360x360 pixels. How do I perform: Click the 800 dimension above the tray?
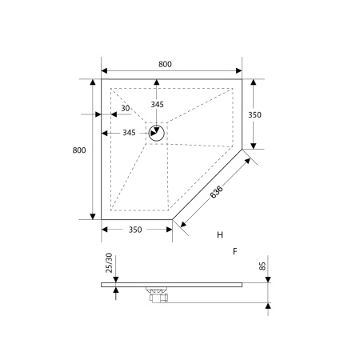pos(166,64)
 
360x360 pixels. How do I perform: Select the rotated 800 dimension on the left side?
pos(78,150)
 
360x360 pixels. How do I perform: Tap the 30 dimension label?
pos(126,109)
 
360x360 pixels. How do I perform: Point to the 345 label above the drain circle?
pos(158,106)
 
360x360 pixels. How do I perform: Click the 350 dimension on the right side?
pos(255,114)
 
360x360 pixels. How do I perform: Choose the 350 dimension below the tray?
pos(134,230)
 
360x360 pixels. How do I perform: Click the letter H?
pos(219,235)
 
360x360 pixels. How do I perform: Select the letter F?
pos(234,251)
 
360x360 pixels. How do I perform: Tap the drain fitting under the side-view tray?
pos(156,293)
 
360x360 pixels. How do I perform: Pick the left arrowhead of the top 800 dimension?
pos(104,71)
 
